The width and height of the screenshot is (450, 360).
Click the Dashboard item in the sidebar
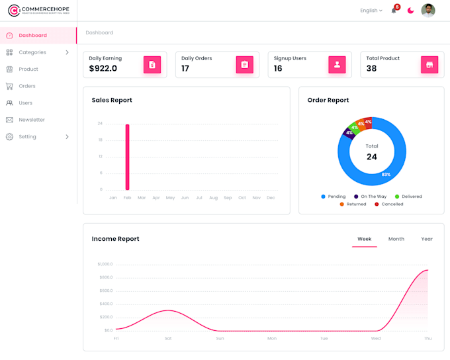tap(32, 35)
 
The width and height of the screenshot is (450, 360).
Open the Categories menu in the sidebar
tap(32, 52)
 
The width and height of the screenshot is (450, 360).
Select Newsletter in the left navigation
tap(31, 120)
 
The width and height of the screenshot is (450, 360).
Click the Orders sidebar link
tap(26, 86)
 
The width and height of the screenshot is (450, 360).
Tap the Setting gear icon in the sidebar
tap(9, 137)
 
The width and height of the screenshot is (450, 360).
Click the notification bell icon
tap(394, 11)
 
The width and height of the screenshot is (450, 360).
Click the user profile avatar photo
tap(428, 11)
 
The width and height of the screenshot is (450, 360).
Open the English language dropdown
tap(371, 11)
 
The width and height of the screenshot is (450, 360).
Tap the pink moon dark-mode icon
tap(410, 11)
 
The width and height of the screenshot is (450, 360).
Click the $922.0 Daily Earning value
tap(103, 68)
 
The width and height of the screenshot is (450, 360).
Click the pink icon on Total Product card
tap(429, 65)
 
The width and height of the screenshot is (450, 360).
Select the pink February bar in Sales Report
tap(127, 157)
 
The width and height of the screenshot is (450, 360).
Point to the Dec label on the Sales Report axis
tap(271, 198)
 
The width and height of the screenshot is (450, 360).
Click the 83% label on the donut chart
tap(386, 175)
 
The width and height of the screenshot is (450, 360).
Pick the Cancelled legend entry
tap(389, 204)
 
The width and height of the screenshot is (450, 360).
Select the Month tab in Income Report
tap(396, 239)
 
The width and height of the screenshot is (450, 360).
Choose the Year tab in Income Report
tap(427, 239)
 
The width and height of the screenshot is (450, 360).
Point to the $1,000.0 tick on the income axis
tap(105, 264)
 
